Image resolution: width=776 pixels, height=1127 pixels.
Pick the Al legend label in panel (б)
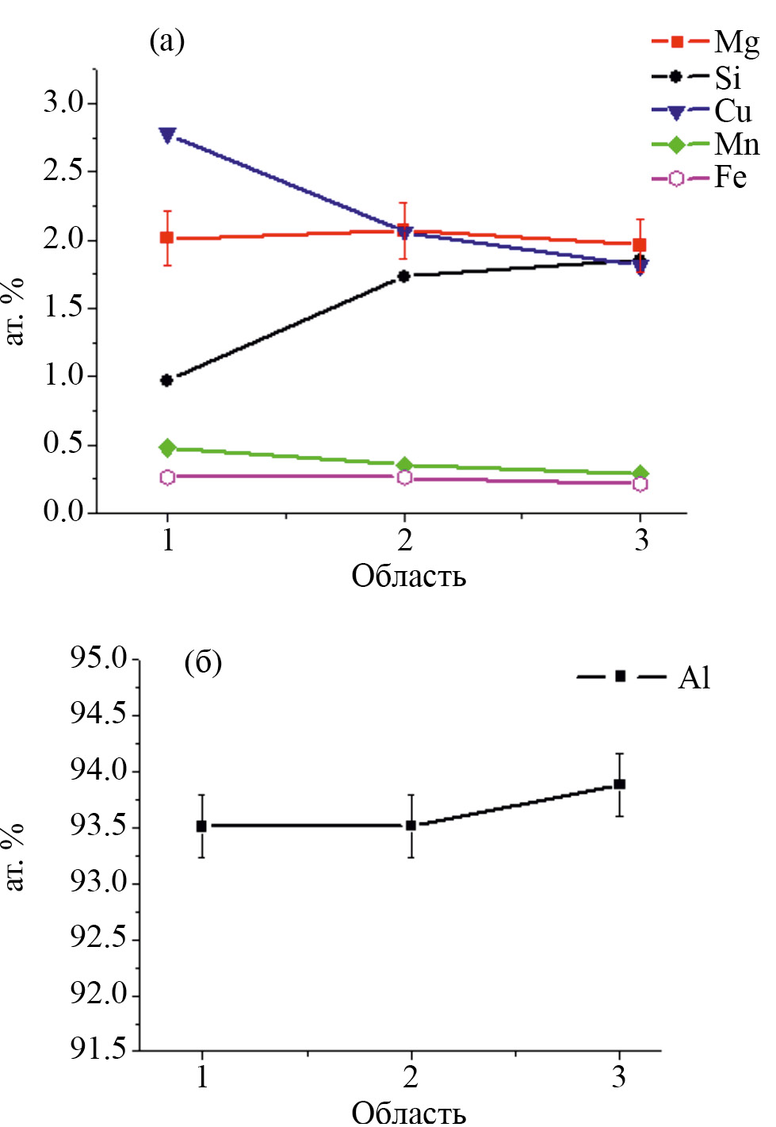[x=694, y=677]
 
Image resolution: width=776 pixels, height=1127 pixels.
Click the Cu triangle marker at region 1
[x=167, y=135]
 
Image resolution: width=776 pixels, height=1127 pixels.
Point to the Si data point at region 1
[x=166, y=381]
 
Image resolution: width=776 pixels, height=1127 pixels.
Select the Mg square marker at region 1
[x=166, y=237]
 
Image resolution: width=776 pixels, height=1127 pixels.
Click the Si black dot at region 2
[x=403, y=276]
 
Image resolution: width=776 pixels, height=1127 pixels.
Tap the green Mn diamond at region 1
[x=166, y=448]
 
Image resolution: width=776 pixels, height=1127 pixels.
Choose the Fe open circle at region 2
[x=404, y=477]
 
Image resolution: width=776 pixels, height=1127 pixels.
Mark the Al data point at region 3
[x=620, y=784]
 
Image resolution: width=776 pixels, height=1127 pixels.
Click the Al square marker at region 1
[x=201, y=826]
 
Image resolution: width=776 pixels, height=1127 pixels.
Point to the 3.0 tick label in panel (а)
[x=63, y=102]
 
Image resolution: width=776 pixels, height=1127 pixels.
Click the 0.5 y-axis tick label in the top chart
[x=63, y=443]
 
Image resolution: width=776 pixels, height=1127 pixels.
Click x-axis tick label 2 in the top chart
[x=404, y=541]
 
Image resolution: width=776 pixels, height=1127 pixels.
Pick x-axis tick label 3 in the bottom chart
[x=619, y=1077]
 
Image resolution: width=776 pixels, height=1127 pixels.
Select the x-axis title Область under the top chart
[x=408, y=576]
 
